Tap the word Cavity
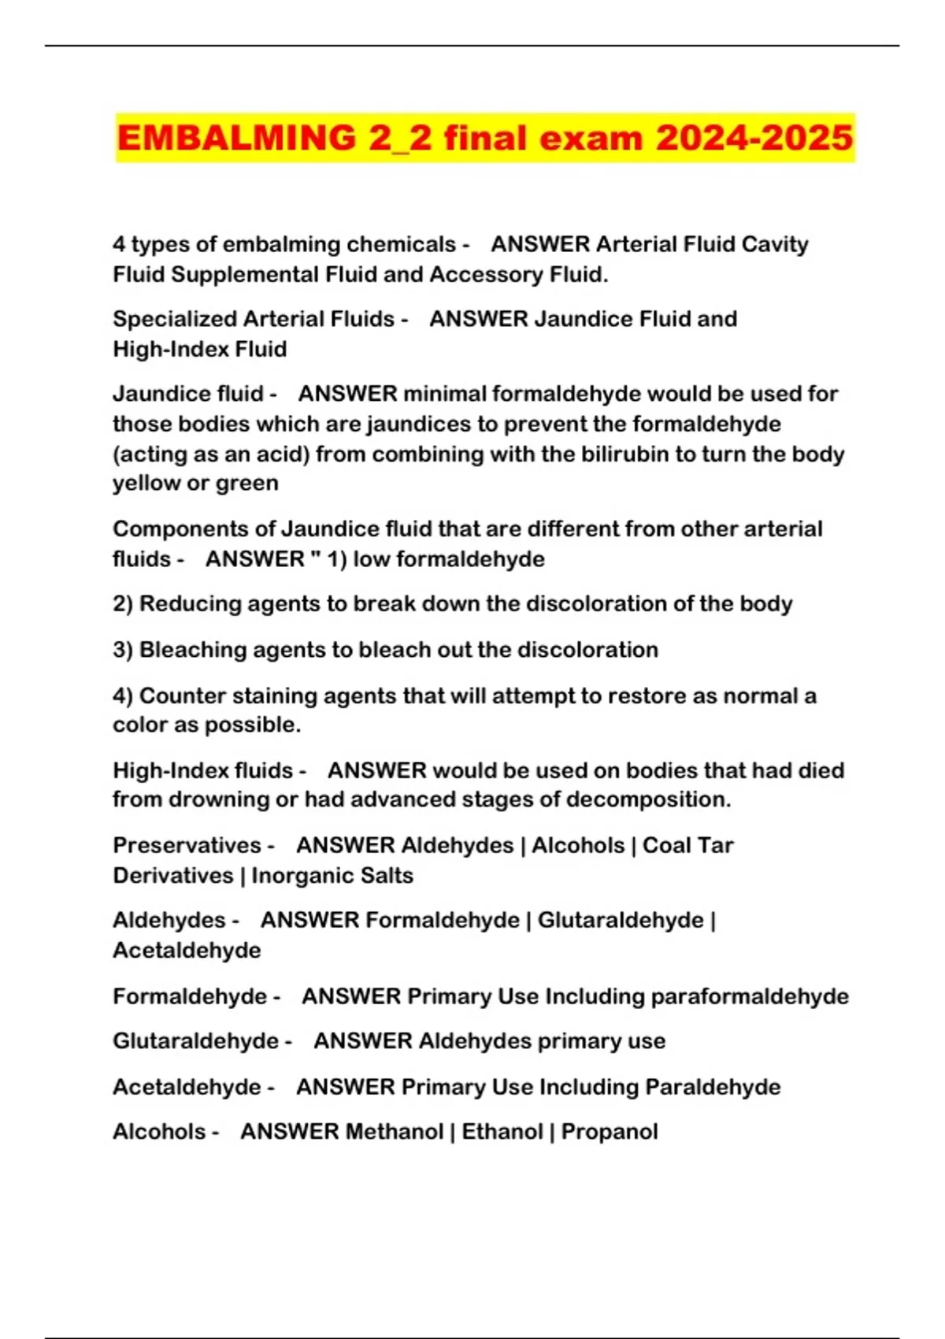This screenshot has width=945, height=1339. (775, 244)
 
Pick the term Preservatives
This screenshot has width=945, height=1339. (187, 845)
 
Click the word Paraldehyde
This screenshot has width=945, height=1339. (713, 1087)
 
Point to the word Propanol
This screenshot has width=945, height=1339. (610, 1132)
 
